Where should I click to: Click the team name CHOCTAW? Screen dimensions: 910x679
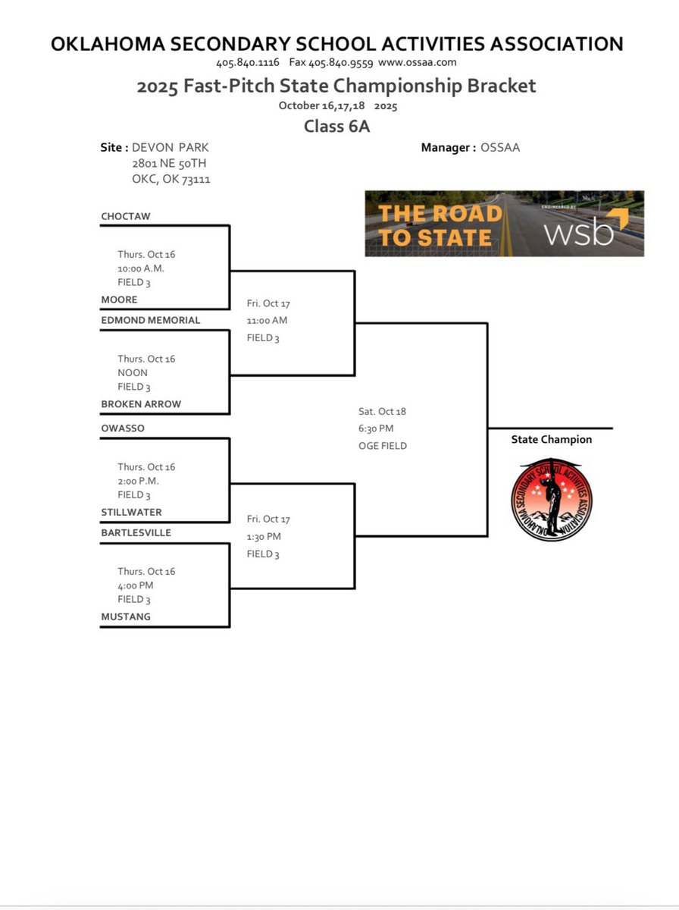(126, 216)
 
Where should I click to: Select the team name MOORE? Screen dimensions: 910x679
(120, 300)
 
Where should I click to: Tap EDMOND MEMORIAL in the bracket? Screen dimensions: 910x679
(151, 320)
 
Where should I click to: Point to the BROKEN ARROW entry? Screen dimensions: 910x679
(141, 404)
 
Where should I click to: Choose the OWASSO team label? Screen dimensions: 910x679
(123, 428)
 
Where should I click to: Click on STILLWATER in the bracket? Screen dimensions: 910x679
(131, 512)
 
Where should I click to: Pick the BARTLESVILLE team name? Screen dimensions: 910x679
(136, 532)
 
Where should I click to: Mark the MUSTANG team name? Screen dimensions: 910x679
(126, 617)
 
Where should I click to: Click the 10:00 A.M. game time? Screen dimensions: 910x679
(142, 268)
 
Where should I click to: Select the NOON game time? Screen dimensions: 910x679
(133, 372)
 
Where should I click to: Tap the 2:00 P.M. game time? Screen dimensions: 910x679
(139, 481)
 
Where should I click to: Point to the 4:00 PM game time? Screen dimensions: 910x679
(136, 585)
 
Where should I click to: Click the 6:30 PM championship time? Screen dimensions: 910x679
(377, 428)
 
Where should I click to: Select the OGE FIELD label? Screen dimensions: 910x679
(383, 446)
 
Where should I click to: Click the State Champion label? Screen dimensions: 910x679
(552, 440)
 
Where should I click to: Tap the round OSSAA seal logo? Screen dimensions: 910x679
(552, 499)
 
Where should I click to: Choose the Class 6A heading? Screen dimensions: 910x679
(336, 126)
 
